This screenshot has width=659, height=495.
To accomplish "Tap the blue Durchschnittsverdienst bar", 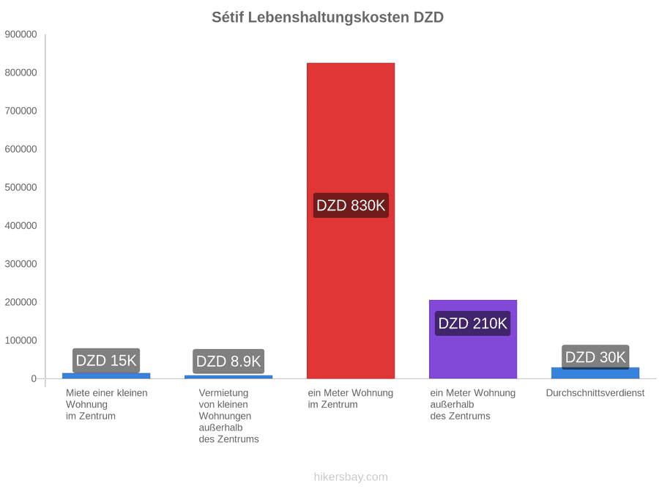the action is tap(595, 373).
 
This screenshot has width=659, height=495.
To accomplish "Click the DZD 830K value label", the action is tap(351, 205).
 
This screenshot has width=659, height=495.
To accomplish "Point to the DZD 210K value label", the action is tap(473, 323).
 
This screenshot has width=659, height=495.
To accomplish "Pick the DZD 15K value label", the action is tap(106, 361).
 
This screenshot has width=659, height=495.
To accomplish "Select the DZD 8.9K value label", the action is tap(228, 361).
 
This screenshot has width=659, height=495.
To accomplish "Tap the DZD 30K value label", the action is tap(595, 357).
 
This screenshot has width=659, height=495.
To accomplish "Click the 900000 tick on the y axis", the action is tap(21, 34).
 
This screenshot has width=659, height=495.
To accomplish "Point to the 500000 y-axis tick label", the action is tap(21, 187).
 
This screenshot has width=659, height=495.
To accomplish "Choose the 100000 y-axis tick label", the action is tap(21, 340).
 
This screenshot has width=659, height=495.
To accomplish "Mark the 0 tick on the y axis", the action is tap(34, 379).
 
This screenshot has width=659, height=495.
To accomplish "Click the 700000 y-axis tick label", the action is tap(21, 111).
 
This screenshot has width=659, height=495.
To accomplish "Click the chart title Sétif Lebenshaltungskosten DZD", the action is tap(328, 18).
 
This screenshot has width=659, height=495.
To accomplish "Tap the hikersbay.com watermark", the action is tap(351, 477).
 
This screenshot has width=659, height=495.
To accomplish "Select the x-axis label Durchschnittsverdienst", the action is tap(595, 393).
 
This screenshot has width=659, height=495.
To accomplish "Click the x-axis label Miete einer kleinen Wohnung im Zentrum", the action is tap(107, 405).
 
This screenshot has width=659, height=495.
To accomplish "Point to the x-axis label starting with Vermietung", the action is tap(228, 416).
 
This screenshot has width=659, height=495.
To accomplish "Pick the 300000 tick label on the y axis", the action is tap(21, 264).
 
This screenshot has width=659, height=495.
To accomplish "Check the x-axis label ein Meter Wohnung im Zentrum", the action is tap(351, 399).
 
